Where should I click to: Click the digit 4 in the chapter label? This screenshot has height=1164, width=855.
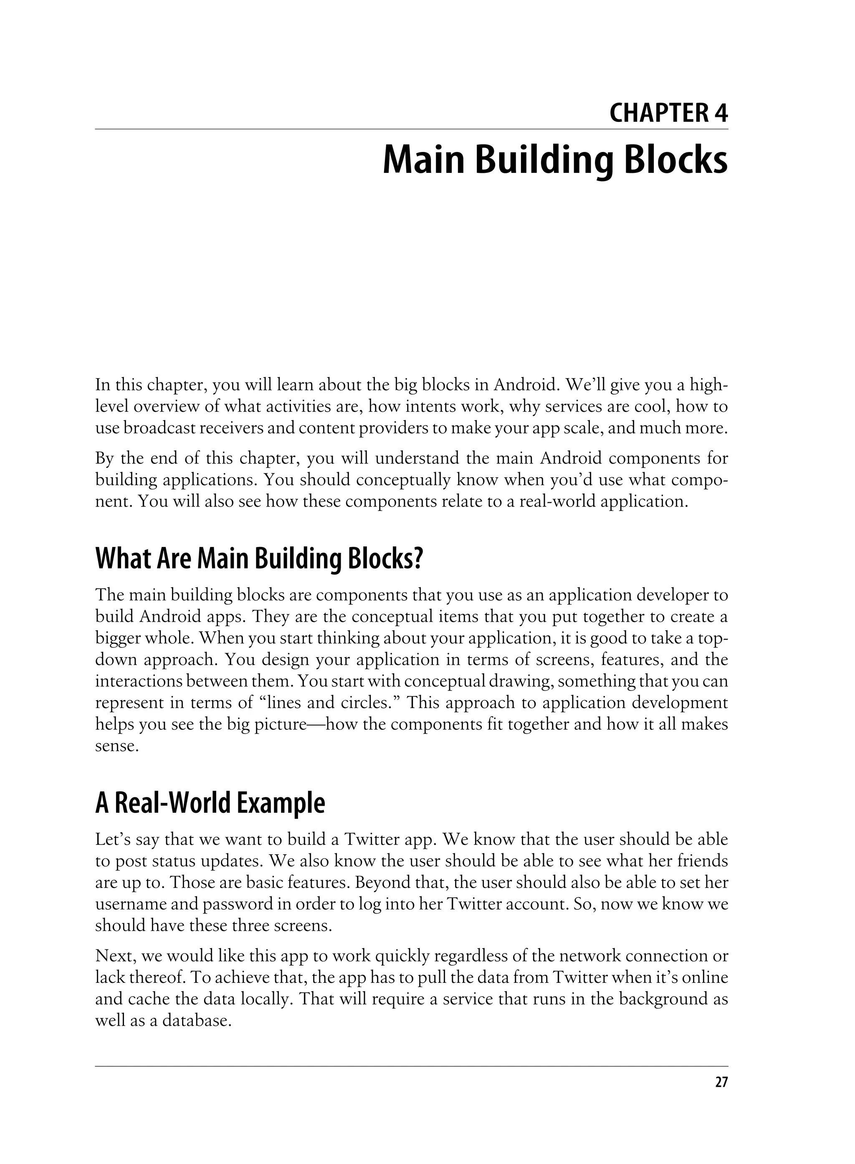(721, 113)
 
